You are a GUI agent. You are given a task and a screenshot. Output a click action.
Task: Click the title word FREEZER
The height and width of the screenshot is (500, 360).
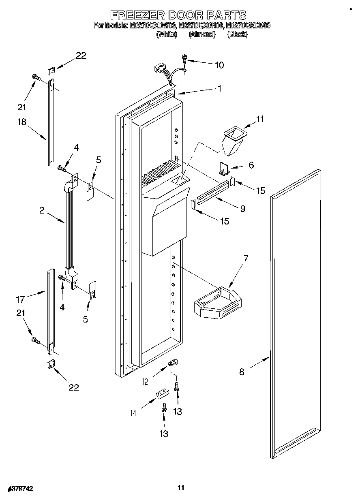point(135,15)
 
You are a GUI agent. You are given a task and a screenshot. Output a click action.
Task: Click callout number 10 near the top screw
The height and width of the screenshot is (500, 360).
point(219,65)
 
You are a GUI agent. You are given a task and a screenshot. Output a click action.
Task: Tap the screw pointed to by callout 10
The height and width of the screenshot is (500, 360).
point(185,59)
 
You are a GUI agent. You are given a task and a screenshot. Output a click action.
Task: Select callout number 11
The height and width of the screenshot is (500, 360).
point(259,119)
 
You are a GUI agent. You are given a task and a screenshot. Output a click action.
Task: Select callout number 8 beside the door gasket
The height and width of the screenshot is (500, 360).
point(242,372)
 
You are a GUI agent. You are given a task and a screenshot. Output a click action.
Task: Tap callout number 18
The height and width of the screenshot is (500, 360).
point(21,123)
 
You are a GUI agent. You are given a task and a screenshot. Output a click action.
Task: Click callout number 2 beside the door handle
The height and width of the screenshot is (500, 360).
point(41,210)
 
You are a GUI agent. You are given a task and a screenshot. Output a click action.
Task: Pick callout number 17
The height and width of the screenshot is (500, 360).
point(20,299)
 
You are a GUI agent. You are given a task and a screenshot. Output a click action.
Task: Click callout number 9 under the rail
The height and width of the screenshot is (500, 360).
point(242,209)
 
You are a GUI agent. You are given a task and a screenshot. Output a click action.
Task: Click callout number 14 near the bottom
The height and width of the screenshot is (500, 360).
point(133,412)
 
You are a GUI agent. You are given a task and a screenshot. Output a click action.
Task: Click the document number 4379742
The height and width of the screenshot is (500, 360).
point(20,489)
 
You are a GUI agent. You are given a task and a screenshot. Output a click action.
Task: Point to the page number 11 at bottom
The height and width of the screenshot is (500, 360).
point(181,487)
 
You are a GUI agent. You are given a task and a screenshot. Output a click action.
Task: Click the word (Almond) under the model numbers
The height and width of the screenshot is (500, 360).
point(202,34)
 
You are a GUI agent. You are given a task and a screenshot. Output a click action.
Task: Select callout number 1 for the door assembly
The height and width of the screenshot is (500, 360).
point(219,88)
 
